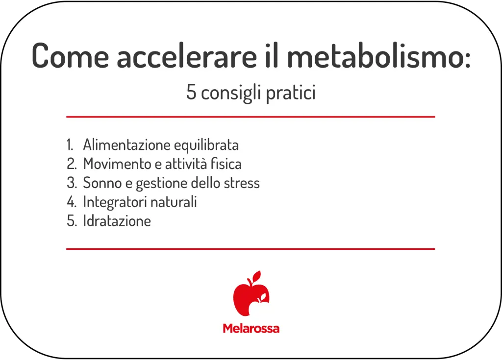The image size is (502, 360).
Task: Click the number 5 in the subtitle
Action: (191, 93)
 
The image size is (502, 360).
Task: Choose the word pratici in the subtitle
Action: (291, 93)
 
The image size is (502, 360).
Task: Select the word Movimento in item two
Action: (115, 164)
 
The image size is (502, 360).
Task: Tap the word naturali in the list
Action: (176, 202)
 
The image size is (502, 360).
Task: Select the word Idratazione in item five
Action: (117, 221)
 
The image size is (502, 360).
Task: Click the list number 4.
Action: (71, 202)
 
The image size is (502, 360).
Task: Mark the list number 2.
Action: (71, 164)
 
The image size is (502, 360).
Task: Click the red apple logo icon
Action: (251, 294)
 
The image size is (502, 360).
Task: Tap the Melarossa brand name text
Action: (251, 328)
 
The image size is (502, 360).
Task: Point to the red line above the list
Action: (251, 117)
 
